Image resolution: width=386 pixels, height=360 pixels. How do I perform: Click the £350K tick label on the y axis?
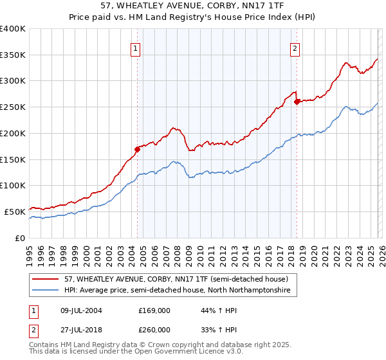click(13, 55)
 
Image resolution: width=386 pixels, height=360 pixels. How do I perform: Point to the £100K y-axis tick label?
click(13, 186)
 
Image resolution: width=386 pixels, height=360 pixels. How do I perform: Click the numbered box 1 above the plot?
click(136, 49)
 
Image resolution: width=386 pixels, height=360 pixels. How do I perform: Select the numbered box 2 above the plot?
click(295, 49)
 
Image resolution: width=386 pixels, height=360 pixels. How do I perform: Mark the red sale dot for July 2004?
click(137, 149)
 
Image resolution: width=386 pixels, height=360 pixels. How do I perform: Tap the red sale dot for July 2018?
click(297, 102)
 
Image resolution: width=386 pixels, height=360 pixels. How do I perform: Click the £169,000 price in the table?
click(154, 310)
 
